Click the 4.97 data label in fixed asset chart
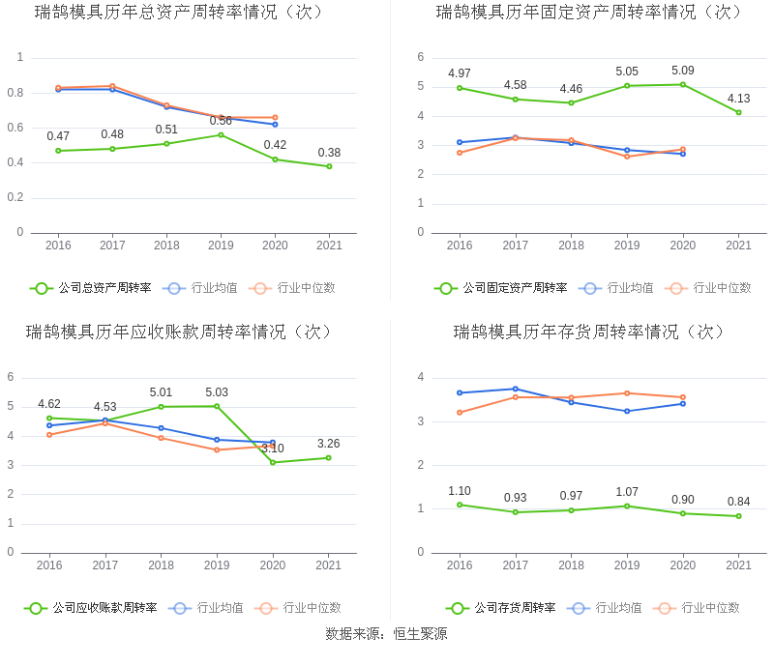click(x=460, y=73)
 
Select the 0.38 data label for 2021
click(x=329, y=153)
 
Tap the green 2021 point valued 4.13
click(x=738, y=112)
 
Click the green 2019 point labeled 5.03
click(x=217, y=406)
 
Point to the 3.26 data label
click(x=329, y=444)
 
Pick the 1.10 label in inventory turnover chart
click(x=460, y=491)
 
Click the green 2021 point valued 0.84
click(x=738, y=516)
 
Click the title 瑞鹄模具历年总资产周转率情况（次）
click(x=180, y=13)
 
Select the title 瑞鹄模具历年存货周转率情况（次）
click(x=590, y=333)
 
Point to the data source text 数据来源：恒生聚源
click(x=386, y=634)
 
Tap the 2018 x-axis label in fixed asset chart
click(x=571, y=246)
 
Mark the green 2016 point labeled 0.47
click(x=58, y=151)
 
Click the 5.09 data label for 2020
click(x=683, y=71)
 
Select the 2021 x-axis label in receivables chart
click(x=329, y=565)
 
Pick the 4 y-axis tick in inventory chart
click(x=421, y=377)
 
